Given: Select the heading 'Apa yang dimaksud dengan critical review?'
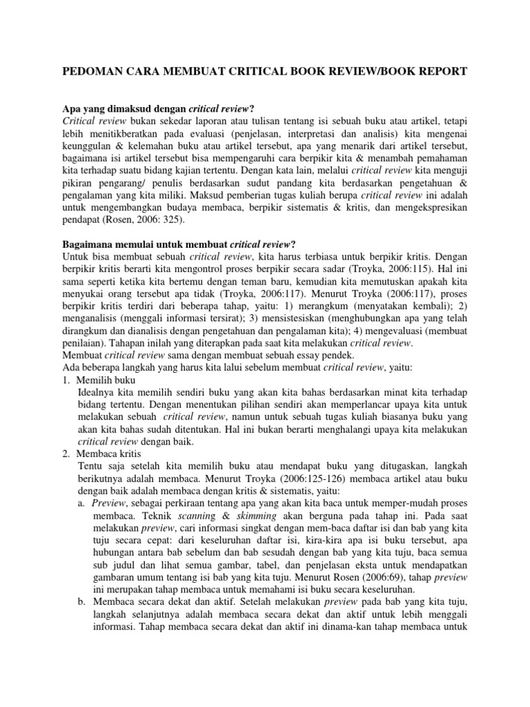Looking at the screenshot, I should [x=159, y=109].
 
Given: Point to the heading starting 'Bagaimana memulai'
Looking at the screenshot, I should [x=179, y=244].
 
